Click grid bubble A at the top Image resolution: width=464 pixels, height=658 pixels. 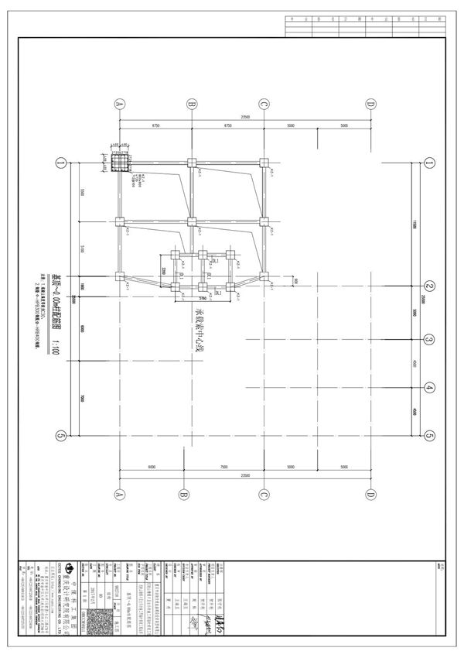(x=119, y=104)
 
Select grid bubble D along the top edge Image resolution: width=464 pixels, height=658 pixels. (x=370, y=104)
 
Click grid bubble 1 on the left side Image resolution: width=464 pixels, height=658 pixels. (x=60, y=163)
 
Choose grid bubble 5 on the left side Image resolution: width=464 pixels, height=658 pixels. (x=60, y=436)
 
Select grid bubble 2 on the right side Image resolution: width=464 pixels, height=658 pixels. (x=430, y=284)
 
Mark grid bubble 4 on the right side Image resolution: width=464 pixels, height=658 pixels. (x=430, y=388)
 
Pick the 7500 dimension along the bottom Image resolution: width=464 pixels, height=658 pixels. (x=223, y=468)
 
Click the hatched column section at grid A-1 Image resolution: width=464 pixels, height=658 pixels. (x=120, y=164)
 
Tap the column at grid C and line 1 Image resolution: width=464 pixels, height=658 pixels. (x=264, y=163)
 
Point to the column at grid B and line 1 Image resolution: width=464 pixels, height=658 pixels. (x=190, y=163)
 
